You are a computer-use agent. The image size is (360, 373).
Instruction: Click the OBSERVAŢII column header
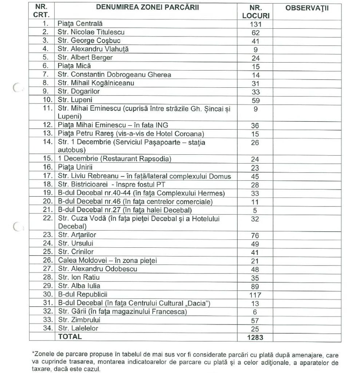[307, 8]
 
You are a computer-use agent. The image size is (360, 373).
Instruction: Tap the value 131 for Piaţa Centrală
[255, 25]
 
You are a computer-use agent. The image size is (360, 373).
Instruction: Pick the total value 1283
[255, 337]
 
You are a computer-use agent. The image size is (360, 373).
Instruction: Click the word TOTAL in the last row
[70, 337]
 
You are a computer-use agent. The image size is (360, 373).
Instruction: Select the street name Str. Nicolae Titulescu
[91, 32]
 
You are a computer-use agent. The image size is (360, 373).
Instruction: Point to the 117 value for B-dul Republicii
[255, 295]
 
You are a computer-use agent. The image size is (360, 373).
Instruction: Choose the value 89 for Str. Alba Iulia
[255, 286]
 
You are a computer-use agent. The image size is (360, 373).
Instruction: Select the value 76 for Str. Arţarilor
[255, 236]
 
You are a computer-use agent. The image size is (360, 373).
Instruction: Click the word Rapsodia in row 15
[157, 159]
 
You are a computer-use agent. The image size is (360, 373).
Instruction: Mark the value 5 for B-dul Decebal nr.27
[255, 211]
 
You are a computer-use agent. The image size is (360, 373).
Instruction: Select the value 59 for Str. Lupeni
[255, 100]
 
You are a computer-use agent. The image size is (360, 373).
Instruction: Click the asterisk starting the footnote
[33, 353]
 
